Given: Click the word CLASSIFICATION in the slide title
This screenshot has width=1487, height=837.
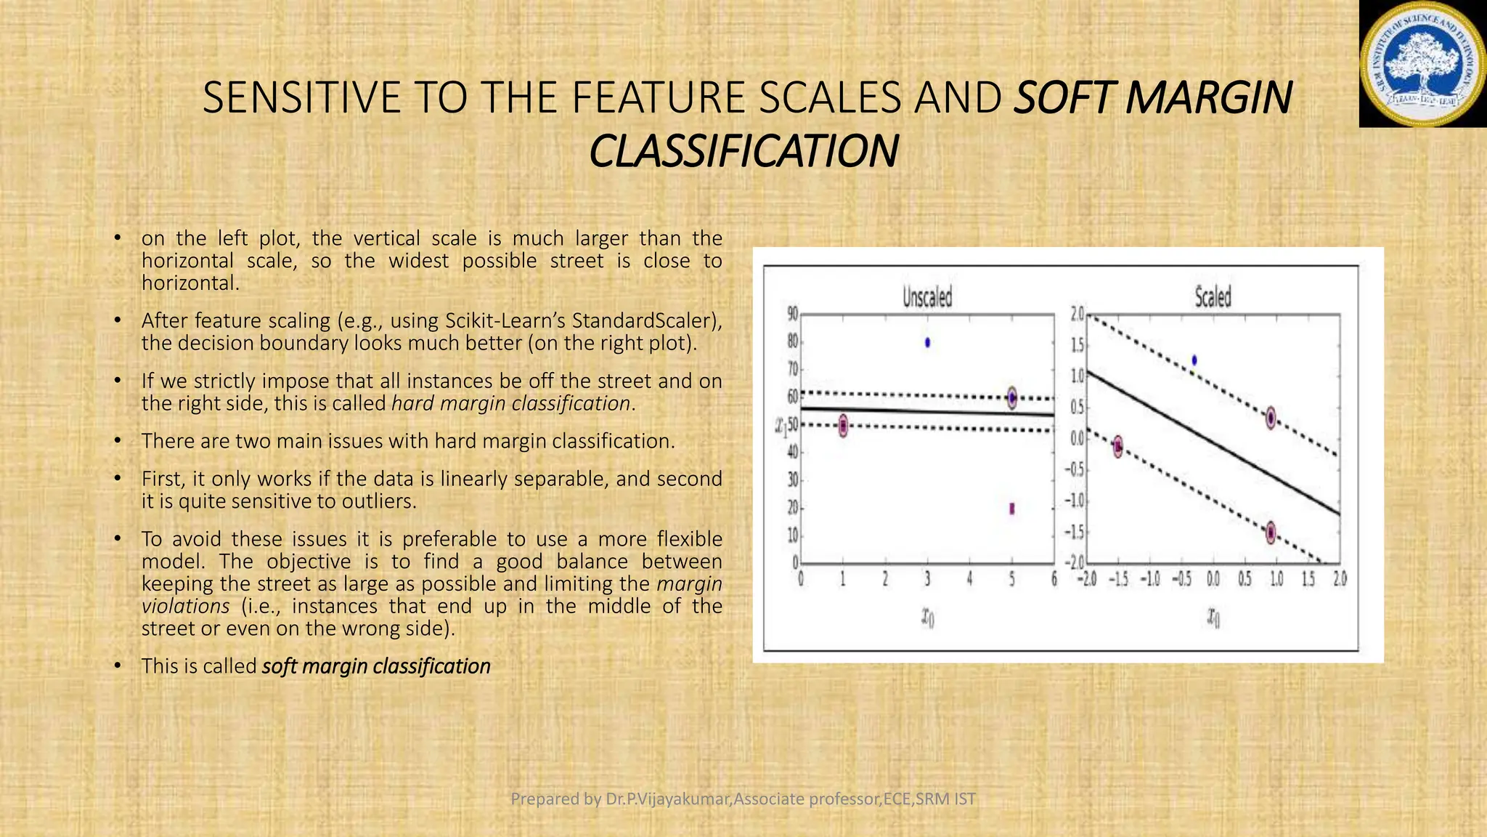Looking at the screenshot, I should [743, 152].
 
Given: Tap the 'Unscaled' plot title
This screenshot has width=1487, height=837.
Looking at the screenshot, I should [926, 297].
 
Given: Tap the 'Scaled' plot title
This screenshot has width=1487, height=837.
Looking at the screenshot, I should [1213, 297].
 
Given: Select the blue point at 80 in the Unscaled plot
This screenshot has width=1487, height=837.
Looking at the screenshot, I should [927, 342].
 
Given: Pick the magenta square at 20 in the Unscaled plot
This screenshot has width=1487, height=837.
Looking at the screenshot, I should [1012, 509].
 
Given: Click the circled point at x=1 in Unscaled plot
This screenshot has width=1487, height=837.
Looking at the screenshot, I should [843, 426].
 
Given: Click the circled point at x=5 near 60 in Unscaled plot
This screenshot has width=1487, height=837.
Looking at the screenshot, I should [1012, 397].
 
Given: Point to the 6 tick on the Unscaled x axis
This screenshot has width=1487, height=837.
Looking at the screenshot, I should [1054, 579].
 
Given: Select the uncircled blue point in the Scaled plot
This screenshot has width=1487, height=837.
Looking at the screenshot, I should [1194, 360].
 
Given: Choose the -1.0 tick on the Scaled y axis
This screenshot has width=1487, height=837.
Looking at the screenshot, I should [1075, 501].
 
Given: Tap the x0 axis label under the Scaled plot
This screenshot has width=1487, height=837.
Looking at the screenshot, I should [1213, 618].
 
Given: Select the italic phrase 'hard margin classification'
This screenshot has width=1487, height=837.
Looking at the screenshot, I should [510, 403].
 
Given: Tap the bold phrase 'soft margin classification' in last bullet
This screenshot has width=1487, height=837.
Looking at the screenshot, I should [376, 666].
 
